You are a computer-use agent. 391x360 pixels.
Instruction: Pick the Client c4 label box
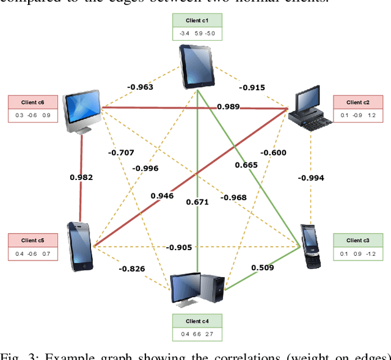pyautogui.click(x=197, y=327)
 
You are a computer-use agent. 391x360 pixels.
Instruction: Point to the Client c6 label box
pyautogui.click(x=33, y=108)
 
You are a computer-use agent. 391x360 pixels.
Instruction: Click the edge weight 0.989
pyautogui.click(x=228, y=107)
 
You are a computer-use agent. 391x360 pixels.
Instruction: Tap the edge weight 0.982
pyautogui.click(x=81, y=177)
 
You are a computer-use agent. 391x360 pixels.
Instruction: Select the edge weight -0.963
pyautogui.click(x=140, y=87)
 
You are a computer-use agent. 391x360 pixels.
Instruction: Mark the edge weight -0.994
pyautogui.click(x=311, y=178)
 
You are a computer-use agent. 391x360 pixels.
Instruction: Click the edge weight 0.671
pyautogui.click(x=197, y=202)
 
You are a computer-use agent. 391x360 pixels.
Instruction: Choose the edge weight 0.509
pyautogui.click(x=262, y=267)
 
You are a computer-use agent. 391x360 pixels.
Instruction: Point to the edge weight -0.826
pyautogui.click(x=131, y=268)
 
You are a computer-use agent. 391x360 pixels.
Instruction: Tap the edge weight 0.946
pyautogui.click(x=161, y=196)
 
